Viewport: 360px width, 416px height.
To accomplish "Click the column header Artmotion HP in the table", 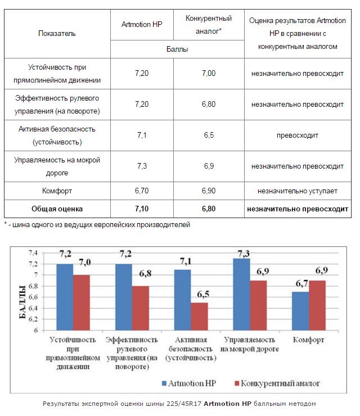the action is click(x=142, y=24).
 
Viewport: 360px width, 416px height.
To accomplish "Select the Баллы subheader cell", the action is click(x=177, y=49).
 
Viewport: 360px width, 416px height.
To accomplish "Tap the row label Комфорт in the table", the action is click(x=57, y=191).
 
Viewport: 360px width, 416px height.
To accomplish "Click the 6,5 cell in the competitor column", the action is click(x=209, y=135).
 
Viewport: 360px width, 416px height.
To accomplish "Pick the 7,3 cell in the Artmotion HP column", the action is click(x=142, y=166).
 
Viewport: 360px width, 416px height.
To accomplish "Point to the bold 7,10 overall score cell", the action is click(x=142, y=209).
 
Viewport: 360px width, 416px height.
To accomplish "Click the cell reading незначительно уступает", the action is click(x=298, y=191).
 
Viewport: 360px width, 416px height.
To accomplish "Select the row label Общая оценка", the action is click(x=57, y=209).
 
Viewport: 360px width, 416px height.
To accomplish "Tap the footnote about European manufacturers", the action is click(x=97, y=225).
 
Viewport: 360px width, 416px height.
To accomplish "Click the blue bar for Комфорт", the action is click(x=300, y=311).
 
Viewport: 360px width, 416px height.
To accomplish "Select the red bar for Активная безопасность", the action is click(x=199, y=316).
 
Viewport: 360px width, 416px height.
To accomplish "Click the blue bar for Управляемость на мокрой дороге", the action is click(x=241, y=294).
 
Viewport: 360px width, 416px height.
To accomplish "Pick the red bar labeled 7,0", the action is click(x=82, y=302).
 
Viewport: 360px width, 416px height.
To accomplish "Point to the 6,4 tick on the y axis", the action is click(x=33, y=308).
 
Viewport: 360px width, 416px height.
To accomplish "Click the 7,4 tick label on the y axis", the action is click(x=33, y=253).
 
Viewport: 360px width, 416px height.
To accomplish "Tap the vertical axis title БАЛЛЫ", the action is click(x=22, y=302).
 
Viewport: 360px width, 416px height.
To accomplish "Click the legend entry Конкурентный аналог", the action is click(x=277, y=383).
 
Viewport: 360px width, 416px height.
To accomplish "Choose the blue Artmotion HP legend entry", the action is click(x=189, y=383).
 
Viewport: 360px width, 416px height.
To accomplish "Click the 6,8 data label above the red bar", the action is click(x=145, y=273).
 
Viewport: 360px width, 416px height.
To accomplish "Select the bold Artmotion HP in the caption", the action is click(x=227, y=404).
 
